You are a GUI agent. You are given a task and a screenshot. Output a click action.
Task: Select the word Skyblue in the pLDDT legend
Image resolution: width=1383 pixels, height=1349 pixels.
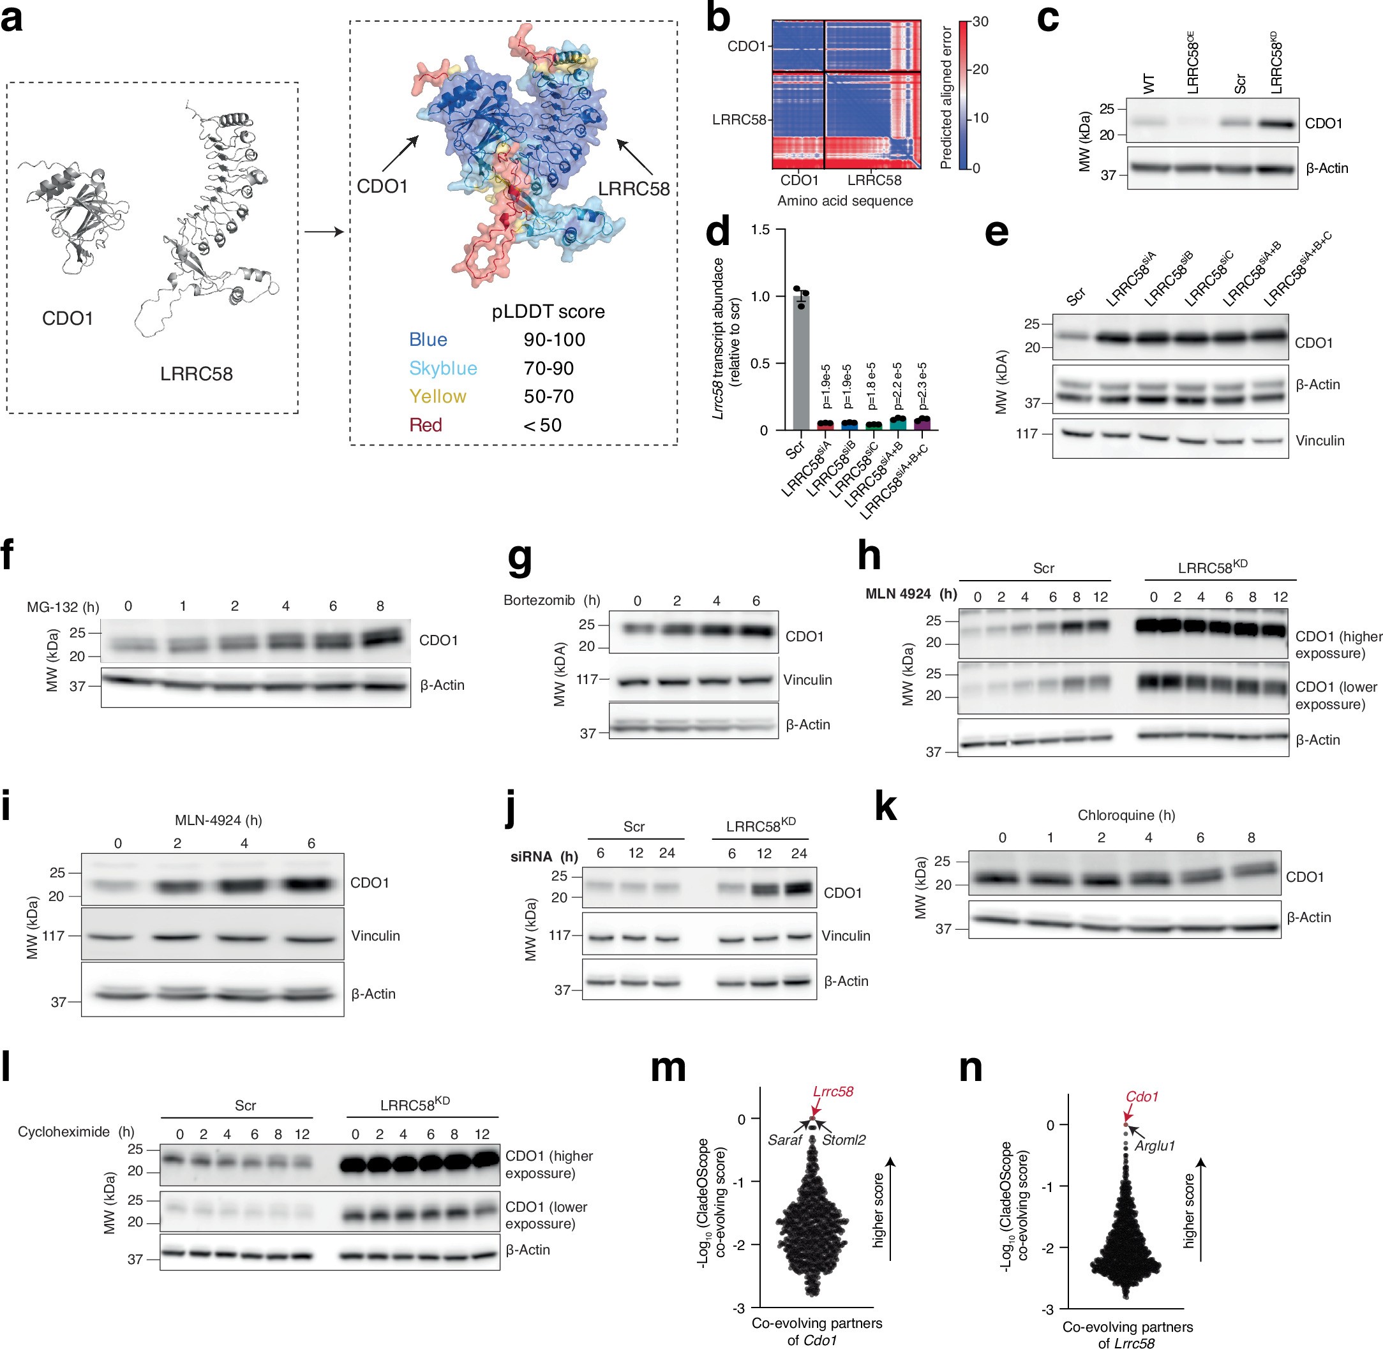tap(443, 368)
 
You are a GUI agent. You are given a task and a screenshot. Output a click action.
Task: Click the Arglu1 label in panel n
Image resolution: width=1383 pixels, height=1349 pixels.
tap(1155, 1145)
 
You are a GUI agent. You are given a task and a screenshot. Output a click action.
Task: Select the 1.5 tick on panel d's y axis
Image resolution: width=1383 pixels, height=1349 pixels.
tap(760, 230)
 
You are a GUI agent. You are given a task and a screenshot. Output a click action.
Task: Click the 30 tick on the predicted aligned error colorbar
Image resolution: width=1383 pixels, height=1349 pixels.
tap(980, 22)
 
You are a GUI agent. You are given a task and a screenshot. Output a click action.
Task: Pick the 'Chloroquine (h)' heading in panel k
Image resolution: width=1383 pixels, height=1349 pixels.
tap(1126, 815)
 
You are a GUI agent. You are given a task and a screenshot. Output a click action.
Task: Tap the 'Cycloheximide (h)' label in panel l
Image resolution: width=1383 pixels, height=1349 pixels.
tap(76, 1131)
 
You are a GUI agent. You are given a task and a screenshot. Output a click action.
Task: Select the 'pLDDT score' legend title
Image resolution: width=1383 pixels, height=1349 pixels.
tap(548, 312)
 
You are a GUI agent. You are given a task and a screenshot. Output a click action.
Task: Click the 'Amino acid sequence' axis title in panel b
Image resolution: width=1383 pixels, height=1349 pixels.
tap(844, 200)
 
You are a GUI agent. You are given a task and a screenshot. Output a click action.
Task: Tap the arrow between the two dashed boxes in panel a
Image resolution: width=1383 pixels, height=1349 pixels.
tap(324, 232)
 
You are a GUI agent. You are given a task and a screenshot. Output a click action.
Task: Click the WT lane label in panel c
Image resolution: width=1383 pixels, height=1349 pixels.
tap(1149, 84)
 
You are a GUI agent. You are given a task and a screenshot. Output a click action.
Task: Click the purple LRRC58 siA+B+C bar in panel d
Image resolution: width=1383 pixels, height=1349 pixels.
tap(921, 423)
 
